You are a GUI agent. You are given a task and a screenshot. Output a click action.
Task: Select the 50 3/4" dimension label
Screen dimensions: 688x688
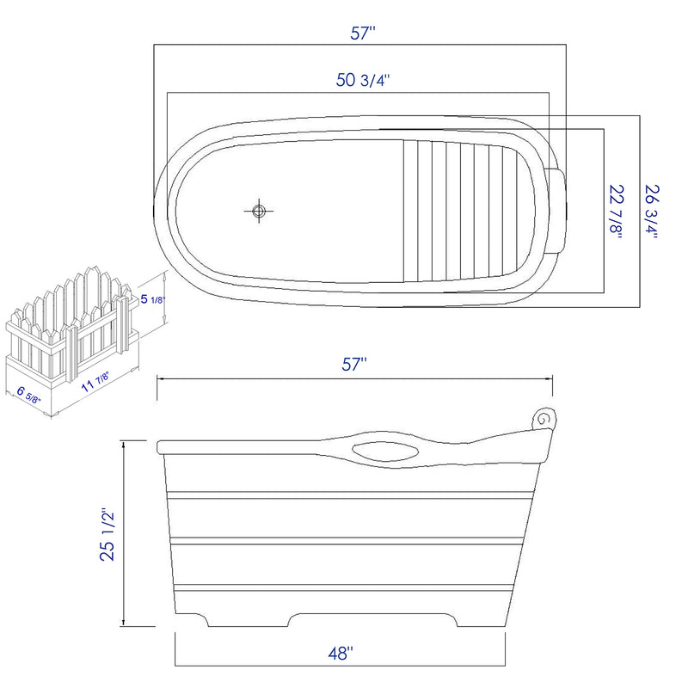click(x=363, y=81)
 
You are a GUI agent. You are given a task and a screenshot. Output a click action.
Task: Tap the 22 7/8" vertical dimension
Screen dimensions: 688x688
click(x=617, y=212)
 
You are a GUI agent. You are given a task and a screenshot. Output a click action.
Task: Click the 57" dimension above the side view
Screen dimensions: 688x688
click(x=354, y=364)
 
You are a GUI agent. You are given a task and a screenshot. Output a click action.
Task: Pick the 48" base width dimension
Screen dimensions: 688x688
click(x=341, y=654)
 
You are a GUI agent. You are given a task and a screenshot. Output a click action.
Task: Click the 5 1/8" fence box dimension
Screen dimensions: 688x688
click(x=152, y=300)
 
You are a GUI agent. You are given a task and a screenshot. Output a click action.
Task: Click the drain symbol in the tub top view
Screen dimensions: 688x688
click(x=259, y=211)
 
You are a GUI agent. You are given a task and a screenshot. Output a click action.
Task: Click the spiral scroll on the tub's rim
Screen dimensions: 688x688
click(x=542, y=419)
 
